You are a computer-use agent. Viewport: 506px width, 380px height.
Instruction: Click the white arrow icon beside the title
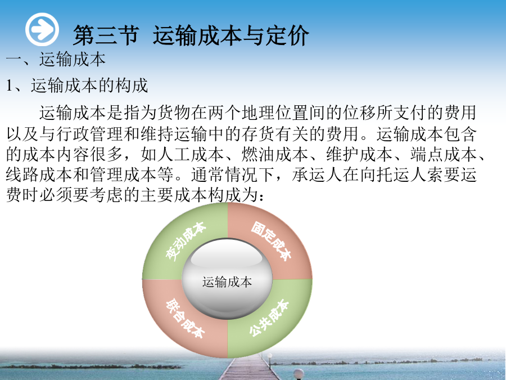(x=42, y=29)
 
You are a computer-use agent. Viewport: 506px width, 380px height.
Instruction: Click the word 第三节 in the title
(x=106, y=35)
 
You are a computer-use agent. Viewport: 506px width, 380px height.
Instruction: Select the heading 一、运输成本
(x=56, y=59)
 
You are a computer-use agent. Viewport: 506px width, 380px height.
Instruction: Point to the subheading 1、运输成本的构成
(x=77, y=86)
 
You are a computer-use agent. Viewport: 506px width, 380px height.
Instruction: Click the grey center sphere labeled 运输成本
(x=227, y=280)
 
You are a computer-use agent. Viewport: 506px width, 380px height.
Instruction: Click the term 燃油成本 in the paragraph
(x=275, y=154)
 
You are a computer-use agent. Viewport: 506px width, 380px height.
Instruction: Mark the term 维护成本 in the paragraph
(x=359, y=154)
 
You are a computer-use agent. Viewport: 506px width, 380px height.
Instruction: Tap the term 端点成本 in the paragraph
(x=444, y=154)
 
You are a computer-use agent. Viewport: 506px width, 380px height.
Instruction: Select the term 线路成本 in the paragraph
(x=39, y=175)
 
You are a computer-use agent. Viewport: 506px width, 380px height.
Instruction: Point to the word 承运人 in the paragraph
(x=317, y=175)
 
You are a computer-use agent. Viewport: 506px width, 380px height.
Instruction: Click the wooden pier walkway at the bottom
(x=248, y=368)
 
